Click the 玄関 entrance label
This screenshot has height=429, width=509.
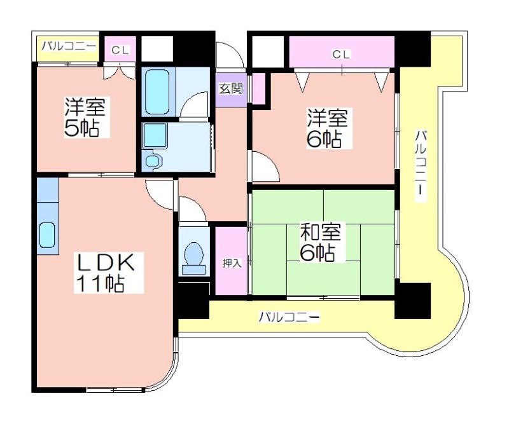point(231,88)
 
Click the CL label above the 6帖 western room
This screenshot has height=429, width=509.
point(342,55)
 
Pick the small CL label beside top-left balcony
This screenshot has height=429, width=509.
point(120,50)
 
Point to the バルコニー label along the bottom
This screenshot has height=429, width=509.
point(288,317)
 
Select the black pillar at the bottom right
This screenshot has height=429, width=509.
point(412,300)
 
